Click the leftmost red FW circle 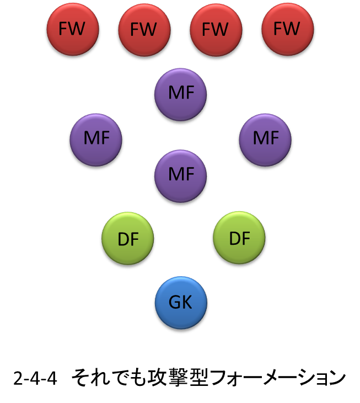pyautogui.click(x=72, y=29)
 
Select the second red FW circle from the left pyautogui.click(x=144, y=29)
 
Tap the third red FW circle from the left pyautogui.click(x=216, y=29)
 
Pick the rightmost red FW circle pyautogui.click(x=287, y=29)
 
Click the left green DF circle pyautogui.click(x=128, y=239)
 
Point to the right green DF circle pyautogui.click(x=239, y=239)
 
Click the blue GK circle pyautogui.click(x=181, y=303)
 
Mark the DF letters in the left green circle pyautogui.click(x=128, y=239)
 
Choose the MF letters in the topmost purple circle pyautogui.click(x=181, y=93)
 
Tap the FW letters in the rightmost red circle pyautogui.click(x=287, y=29)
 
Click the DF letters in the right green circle pyautogui.click(x=239, y=239)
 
